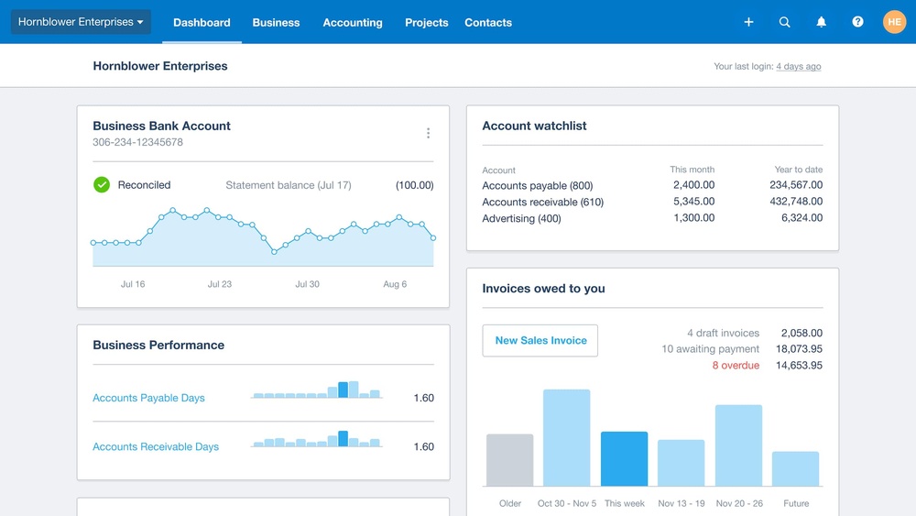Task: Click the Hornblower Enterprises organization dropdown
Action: [81, 22]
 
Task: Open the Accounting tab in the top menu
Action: [353, 23]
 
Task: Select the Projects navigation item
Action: [427, 23]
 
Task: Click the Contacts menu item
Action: [488, 23]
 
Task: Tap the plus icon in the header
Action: [748, 22]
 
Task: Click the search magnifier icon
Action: [785, 22]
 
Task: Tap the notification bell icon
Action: [822, 22]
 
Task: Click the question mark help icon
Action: [857, 22]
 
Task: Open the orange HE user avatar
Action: [894, 22]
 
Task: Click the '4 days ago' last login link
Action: [798, 67]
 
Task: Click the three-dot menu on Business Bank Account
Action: [428, 134]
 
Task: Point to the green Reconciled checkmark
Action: [102, 185]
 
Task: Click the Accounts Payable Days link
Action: [148, 399]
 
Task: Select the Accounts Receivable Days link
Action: [156, 447]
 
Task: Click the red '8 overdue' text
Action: [736, 366]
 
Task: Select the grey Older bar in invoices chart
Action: [509, 460]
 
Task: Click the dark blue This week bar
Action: [624, 458]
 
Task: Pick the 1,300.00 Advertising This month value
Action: [693, 218]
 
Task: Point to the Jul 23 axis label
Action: [220, 284]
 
